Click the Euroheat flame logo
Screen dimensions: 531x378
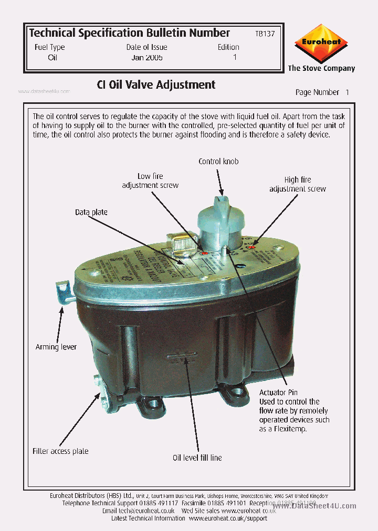321,43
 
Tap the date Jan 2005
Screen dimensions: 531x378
147,57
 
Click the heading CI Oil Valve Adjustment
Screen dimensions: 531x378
156,84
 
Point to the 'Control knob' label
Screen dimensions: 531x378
218,161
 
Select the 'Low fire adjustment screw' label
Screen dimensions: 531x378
150,180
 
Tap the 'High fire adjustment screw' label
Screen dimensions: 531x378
298,184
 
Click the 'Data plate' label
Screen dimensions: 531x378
91,212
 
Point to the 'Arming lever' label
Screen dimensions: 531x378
56,347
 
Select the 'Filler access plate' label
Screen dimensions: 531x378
60,451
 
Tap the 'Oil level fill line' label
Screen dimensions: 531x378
197,458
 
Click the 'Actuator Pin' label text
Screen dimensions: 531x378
279,392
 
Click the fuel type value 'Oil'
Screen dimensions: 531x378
52,57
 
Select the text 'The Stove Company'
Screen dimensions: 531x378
321,68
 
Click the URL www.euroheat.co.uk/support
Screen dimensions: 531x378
228,518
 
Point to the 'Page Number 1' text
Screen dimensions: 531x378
322,92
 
